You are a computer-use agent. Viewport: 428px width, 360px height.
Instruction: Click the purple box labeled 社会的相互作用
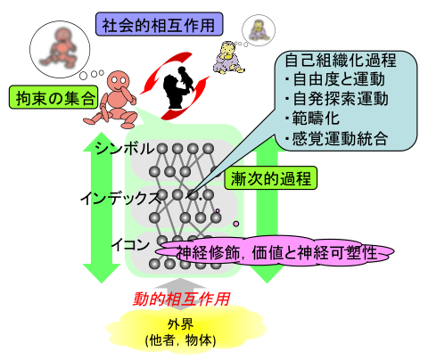159,24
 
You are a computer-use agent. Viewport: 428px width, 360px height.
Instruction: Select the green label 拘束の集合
53,97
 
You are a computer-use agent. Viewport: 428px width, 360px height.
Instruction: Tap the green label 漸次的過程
270,178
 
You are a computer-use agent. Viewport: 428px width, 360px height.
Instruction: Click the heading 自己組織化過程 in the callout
341,61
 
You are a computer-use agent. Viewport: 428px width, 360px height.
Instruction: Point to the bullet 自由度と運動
335,79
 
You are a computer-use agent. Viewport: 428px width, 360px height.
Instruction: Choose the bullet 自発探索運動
337,99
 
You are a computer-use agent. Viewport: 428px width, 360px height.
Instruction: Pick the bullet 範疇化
312,119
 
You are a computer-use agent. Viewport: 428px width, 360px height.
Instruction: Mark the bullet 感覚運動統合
337,138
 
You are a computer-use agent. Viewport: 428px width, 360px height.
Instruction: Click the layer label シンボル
125,148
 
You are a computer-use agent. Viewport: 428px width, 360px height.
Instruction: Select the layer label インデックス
120,198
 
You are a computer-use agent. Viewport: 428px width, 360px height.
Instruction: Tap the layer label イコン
131,245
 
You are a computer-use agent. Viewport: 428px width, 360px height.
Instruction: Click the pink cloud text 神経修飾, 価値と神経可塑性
277,253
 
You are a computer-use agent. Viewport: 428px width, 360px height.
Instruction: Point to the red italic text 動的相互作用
181,299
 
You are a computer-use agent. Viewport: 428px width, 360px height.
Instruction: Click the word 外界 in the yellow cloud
180,324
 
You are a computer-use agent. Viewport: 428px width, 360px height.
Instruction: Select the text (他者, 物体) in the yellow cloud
180,340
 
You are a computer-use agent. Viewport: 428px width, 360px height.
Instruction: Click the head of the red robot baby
119,80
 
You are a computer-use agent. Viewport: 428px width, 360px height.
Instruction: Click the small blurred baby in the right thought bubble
259,30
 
